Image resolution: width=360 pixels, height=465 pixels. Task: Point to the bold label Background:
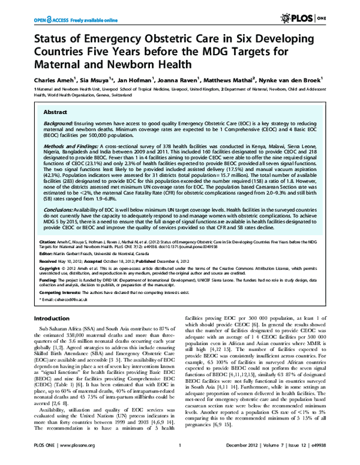click(x=62, y=122)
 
